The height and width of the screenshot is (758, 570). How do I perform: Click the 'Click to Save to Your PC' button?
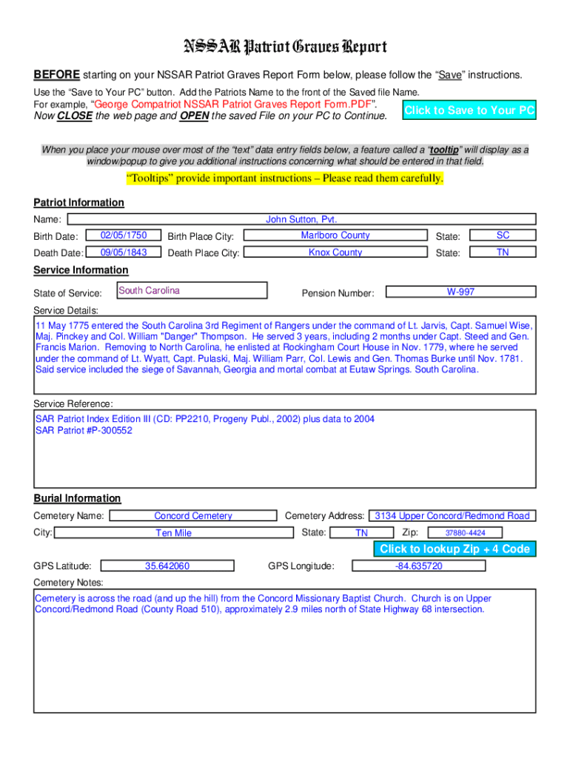click(469, 110)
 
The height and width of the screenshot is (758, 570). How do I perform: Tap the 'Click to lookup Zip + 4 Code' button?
click(455, 549)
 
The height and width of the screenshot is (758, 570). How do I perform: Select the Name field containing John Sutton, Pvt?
click(301, 219)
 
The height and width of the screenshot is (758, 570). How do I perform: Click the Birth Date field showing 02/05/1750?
click(124, 235)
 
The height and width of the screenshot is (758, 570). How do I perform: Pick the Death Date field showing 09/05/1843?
click(124, 252)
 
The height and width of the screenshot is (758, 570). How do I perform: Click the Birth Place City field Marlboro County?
click(335, 235)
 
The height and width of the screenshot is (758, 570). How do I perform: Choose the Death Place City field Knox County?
click(335, 252)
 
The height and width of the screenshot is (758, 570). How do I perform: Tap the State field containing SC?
click(503, 235)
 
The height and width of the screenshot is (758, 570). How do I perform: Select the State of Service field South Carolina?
click(192, 290)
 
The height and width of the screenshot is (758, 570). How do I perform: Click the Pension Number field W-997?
click(460, 292)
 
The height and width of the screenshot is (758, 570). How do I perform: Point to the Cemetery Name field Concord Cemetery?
click(192, 516)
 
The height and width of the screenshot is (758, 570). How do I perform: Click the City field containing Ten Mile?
click(173, 533)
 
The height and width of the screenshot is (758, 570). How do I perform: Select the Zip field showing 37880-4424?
click(465, 533)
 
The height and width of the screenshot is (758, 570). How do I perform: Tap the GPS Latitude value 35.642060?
click(167, 566)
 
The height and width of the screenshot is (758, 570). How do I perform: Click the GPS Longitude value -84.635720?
click(419, 566)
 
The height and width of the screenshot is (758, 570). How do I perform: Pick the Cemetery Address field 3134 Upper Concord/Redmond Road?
click(452, 516)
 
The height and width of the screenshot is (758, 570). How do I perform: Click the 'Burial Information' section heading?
click(77, 498)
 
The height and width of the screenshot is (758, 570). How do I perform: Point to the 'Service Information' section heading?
click(81, 270)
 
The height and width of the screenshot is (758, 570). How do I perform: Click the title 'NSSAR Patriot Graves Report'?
click(285, 48)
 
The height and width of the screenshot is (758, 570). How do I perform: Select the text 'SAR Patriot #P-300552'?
click(84, 430)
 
